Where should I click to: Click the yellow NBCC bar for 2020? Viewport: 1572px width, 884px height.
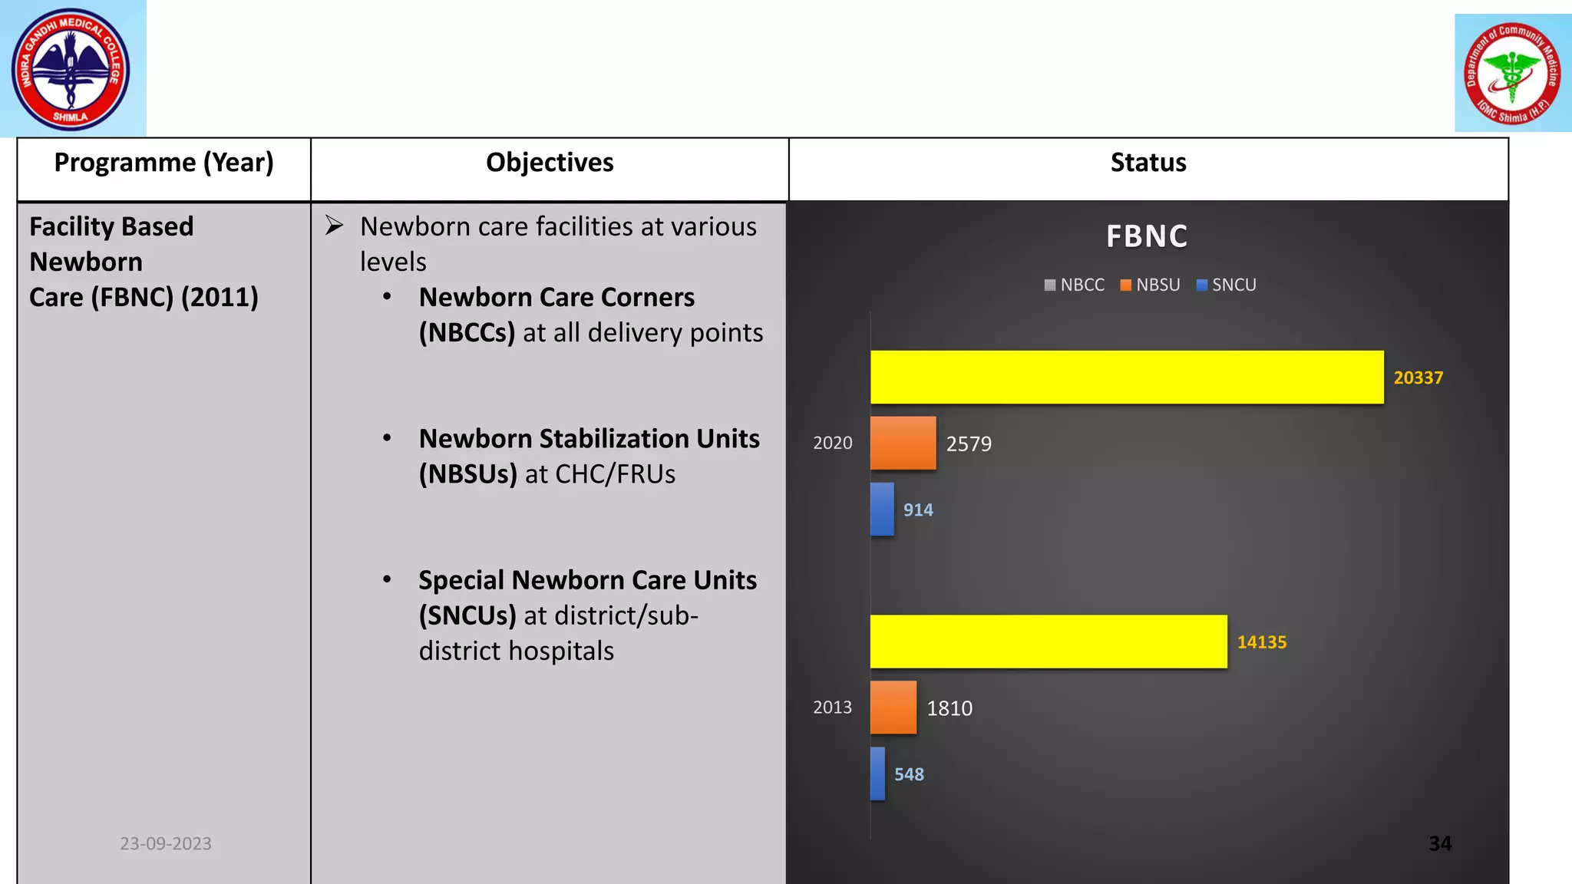coord(1126,377)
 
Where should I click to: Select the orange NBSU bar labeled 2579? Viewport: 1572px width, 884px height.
coord(903,443)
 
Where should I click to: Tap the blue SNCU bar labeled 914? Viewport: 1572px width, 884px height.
coord(882,509)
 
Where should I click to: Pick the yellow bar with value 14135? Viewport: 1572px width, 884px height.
coord(1048,642)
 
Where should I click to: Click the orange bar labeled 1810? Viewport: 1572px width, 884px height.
coord(893,708)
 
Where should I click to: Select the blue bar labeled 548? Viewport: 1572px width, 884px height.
coord(877,773)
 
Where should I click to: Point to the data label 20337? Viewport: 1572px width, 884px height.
coord(1418,378)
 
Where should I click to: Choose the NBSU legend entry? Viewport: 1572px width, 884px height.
coord(1150,285)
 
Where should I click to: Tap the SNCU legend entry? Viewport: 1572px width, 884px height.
coord(1226,285)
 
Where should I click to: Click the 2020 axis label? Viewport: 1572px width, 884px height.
coord(832,443)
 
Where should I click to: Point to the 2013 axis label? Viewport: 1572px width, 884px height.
coord(832,707)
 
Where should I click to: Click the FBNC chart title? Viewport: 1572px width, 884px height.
coord(1147,236)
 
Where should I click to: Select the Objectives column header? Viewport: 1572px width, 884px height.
coord(550,163)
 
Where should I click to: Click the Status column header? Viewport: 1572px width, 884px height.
coord(1148,163)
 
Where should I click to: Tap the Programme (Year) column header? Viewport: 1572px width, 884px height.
coord(163,163)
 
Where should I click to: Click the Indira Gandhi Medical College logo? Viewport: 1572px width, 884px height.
coord(71,69)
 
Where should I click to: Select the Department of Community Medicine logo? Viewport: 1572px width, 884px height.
coord(1512,73)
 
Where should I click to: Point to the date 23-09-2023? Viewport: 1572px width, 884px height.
coord(165,843)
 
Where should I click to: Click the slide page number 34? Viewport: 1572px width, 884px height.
coord(1439,843)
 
